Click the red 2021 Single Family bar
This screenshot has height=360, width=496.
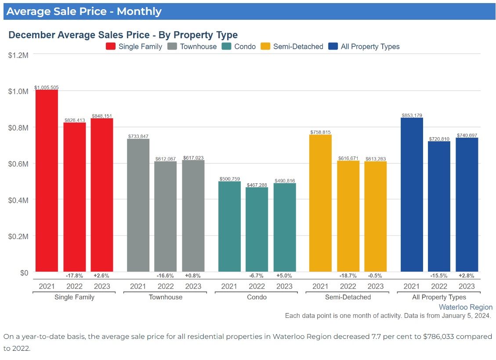[47, 180]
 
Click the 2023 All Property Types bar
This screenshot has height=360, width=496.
[467, 204]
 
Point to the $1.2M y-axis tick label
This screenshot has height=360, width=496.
[18, 55]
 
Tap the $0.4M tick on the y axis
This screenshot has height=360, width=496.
[18, 200]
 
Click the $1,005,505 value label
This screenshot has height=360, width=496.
[47, 87]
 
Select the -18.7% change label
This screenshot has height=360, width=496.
[348, 276]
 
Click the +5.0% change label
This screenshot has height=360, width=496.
[284, 276]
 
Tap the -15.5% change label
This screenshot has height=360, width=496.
[439, 276]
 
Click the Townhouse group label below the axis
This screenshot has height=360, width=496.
[166, 297]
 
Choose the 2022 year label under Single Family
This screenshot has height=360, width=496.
[74, 287]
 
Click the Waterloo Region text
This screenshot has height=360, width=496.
[465, 307]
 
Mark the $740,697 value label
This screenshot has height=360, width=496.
[467, 135]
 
